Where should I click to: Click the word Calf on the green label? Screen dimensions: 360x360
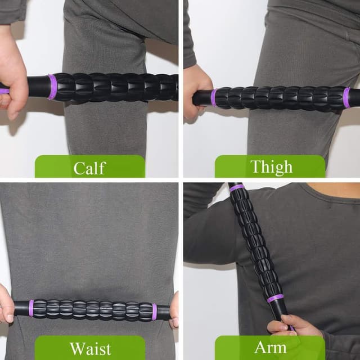pyautogui.click(x=89, y=168)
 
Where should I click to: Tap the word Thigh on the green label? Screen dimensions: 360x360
pyautogui.click(x=271, y=167)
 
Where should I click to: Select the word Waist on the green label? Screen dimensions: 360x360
pyautogui.click(x=90, y=348)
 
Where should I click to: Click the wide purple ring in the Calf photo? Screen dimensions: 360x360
pyautogui.click(x=52, y=87)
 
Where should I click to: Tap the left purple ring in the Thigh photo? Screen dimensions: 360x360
pyautogui.click(x=214, y=97)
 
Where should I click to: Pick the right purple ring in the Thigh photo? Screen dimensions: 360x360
pyautogui.click(x=346, y=97)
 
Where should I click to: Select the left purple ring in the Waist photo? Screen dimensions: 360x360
pyautogui.click(x=31, y=308)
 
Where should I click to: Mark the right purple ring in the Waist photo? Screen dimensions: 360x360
pyautogui.click(x=154, y=312)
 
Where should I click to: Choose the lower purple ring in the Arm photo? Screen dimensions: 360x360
pyautogui.click(x=276, y=298)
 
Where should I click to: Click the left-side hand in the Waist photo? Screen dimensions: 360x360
pyautogui.click(x=6, y=304)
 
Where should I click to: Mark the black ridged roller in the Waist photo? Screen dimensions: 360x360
pyautogui.click(x=93, y=310)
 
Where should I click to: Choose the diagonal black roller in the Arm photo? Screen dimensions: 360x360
pyautogui.click(x=255, y=242)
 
